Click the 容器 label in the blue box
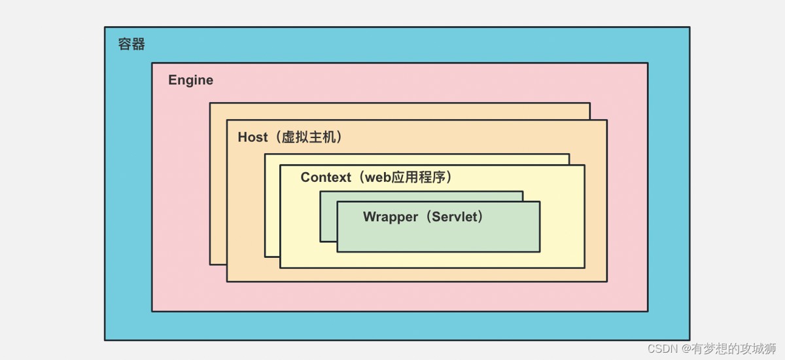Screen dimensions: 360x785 pos(131,45)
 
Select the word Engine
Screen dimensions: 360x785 pos(190,81)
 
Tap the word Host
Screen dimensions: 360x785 pos(253,137)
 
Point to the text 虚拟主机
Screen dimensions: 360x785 pos(309,137)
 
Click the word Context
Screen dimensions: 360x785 pos(326,177)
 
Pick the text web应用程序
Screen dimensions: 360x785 pos(406,177)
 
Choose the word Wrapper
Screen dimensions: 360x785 pos(390,217)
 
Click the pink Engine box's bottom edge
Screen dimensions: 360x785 pos(399,311)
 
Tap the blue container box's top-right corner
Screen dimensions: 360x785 pos(689,27)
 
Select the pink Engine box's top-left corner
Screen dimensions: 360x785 pos(152,63)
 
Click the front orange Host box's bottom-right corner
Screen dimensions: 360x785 pos(606,281)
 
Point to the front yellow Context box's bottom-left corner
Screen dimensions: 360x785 pos(281,267)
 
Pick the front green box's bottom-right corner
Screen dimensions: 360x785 pos(540,251)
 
